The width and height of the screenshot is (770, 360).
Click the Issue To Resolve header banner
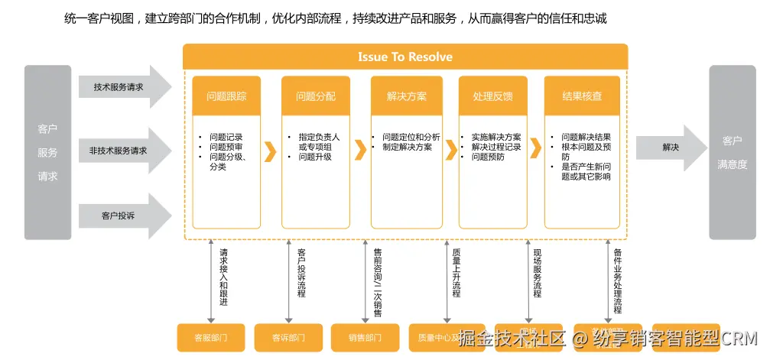point(404,57)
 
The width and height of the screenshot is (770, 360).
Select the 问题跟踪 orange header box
point(226,97)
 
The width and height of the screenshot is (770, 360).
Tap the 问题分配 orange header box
point(316,97)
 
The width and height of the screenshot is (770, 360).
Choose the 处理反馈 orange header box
point(492,97)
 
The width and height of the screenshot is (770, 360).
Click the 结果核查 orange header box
point(582,97)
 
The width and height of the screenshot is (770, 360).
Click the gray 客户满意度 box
point(732,152)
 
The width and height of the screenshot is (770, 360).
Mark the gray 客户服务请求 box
point(47,152)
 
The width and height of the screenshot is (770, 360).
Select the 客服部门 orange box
point(210,337)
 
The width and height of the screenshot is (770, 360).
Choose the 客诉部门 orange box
point(288,337)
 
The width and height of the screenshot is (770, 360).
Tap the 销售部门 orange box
point(365,337)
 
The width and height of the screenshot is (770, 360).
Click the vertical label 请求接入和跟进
point(223,277)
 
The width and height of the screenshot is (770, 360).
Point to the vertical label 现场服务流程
point(537,273)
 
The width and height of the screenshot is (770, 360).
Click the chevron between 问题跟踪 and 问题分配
point(270,151)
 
